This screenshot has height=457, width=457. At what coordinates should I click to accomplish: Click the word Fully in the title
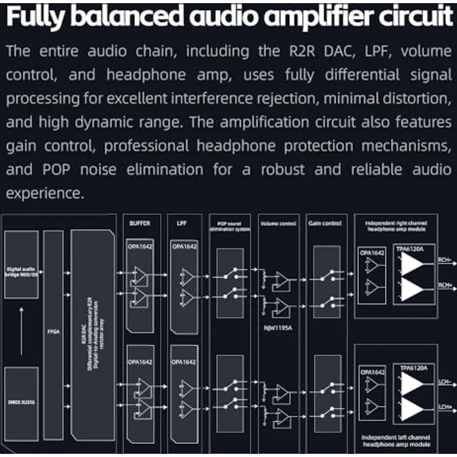35,17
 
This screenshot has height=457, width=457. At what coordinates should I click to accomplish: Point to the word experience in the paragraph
43,192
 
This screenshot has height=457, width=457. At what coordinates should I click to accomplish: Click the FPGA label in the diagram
53,331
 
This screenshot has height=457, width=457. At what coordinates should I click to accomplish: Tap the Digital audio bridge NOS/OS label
20,271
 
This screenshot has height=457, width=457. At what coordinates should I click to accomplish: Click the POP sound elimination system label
230,225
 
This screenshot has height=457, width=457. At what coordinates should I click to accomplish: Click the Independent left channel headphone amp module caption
395,440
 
